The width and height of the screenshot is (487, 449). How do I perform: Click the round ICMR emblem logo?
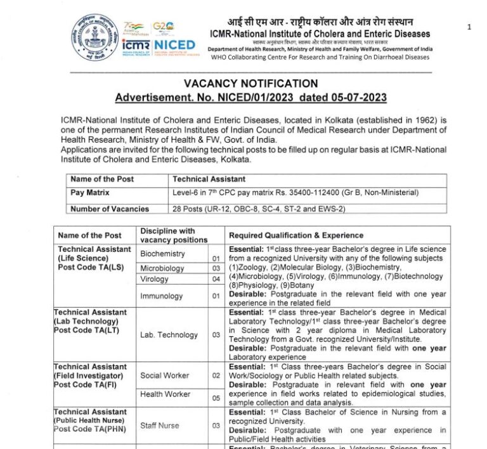pos(94,37)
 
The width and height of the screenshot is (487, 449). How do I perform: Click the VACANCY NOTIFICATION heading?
pos(250,84)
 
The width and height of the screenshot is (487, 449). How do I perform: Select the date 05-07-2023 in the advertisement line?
pos(358,98)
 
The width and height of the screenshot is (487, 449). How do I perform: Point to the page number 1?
pos(469,27)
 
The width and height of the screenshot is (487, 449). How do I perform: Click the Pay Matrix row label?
pos(90,192)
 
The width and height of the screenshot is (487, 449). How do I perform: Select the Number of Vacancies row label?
pos(110,209)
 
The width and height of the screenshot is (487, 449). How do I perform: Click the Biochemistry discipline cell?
pos(162,254)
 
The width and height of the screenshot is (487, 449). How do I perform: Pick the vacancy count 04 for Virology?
pos(216,279)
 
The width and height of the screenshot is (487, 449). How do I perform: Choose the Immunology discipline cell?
pos(161,296)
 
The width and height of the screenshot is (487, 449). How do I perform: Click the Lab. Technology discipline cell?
pos(169,334)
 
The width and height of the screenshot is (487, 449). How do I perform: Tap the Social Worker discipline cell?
pos(164,375)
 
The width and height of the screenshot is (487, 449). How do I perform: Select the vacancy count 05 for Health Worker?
pos(216,398)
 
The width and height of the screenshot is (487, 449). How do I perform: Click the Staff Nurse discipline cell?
pos(159,426)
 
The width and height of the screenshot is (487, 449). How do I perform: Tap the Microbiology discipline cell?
pos(162,268)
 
